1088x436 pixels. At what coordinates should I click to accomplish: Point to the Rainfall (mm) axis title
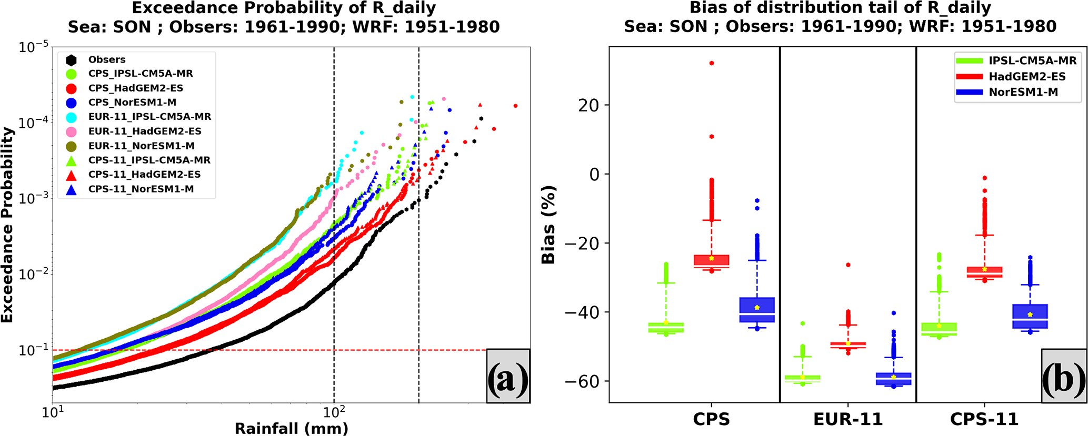tap(291, 428)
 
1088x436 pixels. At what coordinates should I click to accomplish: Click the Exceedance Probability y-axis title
tap(7, 225)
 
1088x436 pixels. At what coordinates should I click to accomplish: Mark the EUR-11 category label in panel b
tap(847, 419)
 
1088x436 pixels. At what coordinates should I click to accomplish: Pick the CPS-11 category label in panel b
tap(984, 419)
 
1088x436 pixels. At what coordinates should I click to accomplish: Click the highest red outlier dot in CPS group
tap(712, 63)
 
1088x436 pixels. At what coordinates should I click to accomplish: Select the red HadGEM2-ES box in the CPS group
tap(711, 261)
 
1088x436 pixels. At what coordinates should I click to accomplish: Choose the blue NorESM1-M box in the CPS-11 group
tap(1030, 316)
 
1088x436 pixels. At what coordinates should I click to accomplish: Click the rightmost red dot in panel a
tap(515, 106)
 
